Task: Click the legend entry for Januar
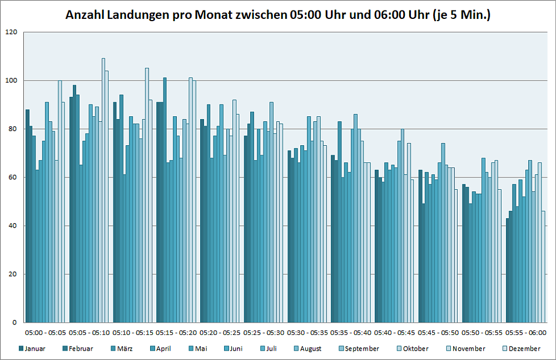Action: coord(35,349)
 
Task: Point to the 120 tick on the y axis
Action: coord(12,32)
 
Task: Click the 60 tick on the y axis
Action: coord(13,177)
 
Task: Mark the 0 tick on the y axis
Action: coord(16,323)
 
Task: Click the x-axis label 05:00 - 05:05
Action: coord(46,333)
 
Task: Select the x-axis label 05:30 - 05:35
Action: coord(308,333)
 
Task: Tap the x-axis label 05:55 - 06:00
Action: coord(527,333)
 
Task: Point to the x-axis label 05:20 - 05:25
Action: coord(220,333)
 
